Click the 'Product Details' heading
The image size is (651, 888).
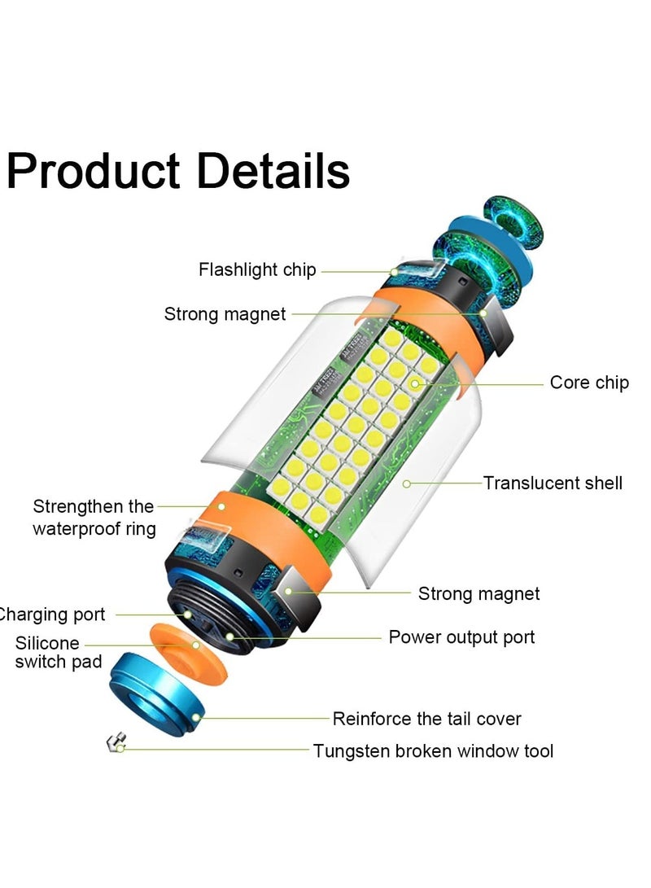click(x=178, y=172)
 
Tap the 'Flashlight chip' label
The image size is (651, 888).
click(x=257, y=269)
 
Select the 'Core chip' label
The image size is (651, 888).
click(x=589, y=383)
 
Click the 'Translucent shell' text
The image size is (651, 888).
click(x=553, y=483)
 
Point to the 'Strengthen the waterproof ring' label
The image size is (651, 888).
click(x=94, y=517)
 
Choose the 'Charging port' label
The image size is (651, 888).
click(x=51, y=615)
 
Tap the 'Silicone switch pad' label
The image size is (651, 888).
click(x=59, y=652)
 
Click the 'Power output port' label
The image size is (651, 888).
click(x=461, y=637)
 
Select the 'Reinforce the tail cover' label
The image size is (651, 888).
click(x=426, y=719)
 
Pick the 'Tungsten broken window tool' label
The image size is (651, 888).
click(x=433, y=751)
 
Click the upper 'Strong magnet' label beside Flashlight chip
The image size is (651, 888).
click(x=225, y=313)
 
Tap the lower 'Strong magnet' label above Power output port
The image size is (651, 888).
click(x=478, y=593)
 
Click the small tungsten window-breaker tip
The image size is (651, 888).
click(x=116, y=742)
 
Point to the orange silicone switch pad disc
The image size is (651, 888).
click(x=189, y=651)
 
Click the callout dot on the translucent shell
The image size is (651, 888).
click(x=406, y=483)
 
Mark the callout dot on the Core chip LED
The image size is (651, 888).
click(x=415, y=384)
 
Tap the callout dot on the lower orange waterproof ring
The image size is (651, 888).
click(x=222, y=507)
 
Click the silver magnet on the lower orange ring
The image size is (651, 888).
click(x=297, y=596)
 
